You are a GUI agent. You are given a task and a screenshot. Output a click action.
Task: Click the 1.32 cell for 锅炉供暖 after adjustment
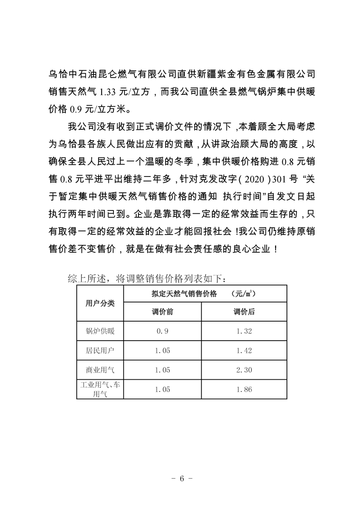pyautogui.click(x=244, y=331)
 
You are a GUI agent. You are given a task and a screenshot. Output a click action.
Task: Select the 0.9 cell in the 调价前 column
pyautogui.click(x=162, y=331)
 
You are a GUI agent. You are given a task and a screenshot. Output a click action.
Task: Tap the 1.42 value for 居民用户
pyautogui.click(x=244, y=351)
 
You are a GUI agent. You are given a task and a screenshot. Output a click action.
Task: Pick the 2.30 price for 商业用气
pyautogui.click(x=244, y=370)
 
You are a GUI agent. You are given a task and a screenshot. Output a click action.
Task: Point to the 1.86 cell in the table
pyautogui.click(x=244, y=389)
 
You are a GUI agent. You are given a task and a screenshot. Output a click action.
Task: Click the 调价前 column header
pyautogui.click(x=162, y=312)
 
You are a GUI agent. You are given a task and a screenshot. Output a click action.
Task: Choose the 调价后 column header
pyautogui.click(x=244, y=312)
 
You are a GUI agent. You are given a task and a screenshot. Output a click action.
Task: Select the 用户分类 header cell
pyautogui.click(x=100, y=303)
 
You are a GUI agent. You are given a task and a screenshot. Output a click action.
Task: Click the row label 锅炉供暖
pyautogui.click(x=100, y=331)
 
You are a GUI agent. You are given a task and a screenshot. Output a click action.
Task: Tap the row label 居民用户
pyautogui.click(x=100, y=351)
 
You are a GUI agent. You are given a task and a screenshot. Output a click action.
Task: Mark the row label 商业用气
pyautogui.click(x=100, y=370)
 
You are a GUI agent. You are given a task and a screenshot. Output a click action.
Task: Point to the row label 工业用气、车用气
pyautogui.click(x=100, y=390)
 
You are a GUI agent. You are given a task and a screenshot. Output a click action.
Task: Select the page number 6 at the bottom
pyautogui.click(x=181, y=479)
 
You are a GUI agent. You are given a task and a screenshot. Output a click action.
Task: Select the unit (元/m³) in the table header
pyautogui.click(x=243, y=294)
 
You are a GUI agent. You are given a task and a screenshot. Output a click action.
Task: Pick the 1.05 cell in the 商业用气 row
pyautogui.click(x=162, y=370)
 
